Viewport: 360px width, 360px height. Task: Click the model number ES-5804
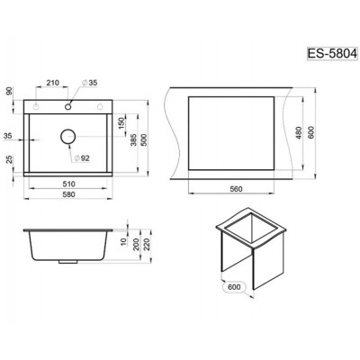332,54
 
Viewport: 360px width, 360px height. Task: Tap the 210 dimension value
52,83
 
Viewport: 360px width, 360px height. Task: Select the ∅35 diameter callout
89,83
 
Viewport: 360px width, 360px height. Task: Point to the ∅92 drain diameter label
81,158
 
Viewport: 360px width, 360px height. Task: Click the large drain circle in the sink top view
67,137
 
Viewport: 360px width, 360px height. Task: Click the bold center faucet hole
68,106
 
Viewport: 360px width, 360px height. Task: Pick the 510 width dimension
68,184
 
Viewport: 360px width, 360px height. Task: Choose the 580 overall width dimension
68,194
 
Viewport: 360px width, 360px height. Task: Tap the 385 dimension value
133,139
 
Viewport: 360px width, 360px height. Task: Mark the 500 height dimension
143,139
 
